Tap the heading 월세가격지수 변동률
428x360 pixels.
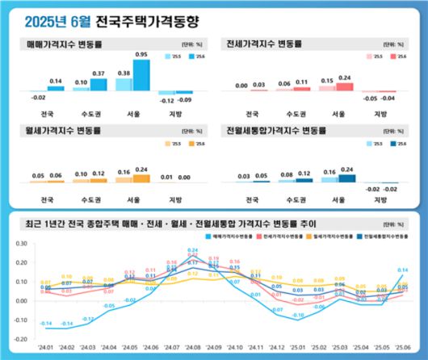(65, 129)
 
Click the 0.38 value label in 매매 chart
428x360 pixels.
(124, 73)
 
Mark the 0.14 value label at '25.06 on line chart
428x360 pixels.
(403, 270)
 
